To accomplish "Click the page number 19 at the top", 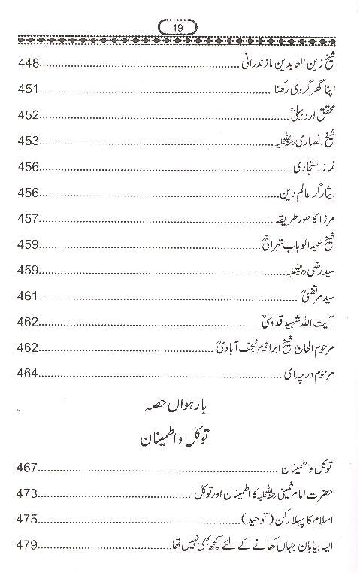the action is tap(180, 28).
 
